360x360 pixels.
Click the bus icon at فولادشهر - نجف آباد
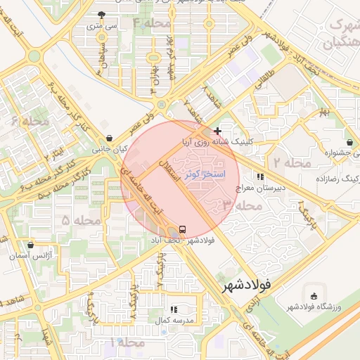183,230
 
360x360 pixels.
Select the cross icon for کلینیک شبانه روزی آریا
218,131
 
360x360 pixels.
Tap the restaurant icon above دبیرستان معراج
261,176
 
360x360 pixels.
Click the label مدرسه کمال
174,321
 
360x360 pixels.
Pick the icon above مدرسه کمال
174,309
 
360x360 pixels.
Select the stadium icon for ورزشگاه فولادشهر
313,295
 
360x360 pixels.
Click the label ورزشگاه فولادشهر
313,307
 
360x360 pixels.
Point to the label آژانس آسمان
30,257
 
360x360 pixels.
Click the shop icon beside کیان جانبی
108,139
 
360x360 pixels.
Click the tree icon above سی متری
102,14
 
